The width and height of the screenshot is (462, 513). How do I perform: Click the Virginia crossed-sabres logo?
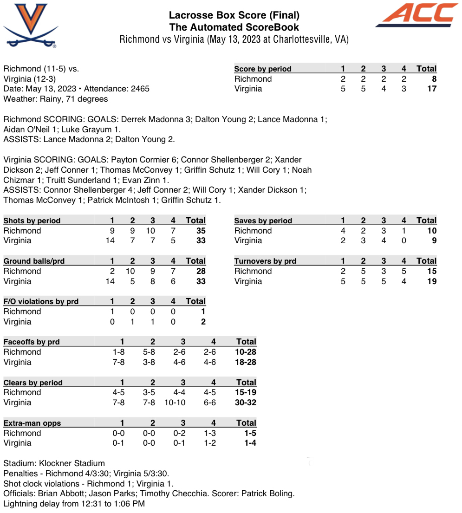pyautogui.click(x=31, y=25)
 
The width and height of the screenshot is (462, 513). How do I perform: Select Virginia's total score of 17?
pyautogui.click(x=431, y=89)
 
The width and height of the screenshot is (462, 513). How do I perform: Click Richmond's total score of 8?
pyautogui.click(x=434, y=79)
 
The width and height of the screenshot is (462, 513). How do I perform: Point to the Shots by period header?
pyautogui.click(x=32, y=221)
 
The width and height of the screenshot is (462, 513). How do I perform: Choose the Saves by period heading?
pyautogui.click(x=263, y=221)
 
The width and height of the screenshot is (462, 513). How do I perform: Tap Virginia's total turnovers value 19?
pyautogui.click(x=431, y=281)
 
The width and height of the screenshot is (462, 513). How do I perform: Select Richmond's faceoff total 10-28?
pyautogui.click(x=246, y=352)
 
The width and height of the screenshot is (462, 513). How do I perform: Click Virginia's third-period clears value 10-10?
pyautogui.click(x=175, y=403)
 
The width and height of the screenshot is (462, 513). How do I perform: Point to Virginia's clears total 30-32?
pyautogui.click(x=246, y=403)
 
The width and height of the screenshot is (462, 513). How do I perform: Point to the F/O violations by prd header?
pyautogui.click(x=41, y=301)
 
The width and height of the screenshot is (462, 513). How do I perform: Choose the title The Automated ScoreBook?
pyautogui.click(x=234, y=27)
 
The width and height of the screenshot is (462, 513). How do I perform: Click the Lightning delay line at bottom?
pyautogui.click(x=74, y=504)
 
